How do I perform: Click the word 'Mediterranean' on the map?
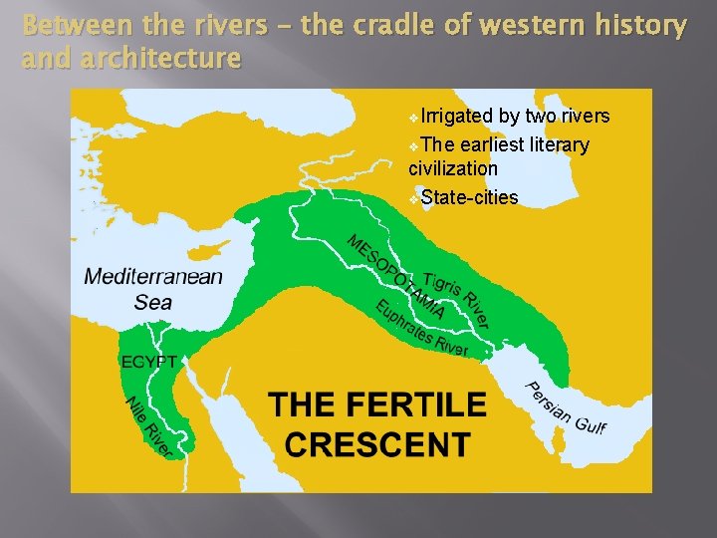point(153,277)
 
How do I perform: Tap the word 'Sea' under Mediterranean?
point(153,302)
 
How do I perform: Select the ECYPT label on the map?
point(149,361)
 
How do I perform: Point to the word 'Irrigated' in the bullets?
point(457,117)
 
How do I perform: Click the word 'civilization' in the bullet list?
point(453,168)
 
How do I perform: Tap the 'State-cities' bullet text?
point(469,197)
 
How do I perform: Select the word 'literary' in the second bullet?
point(555,145)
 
